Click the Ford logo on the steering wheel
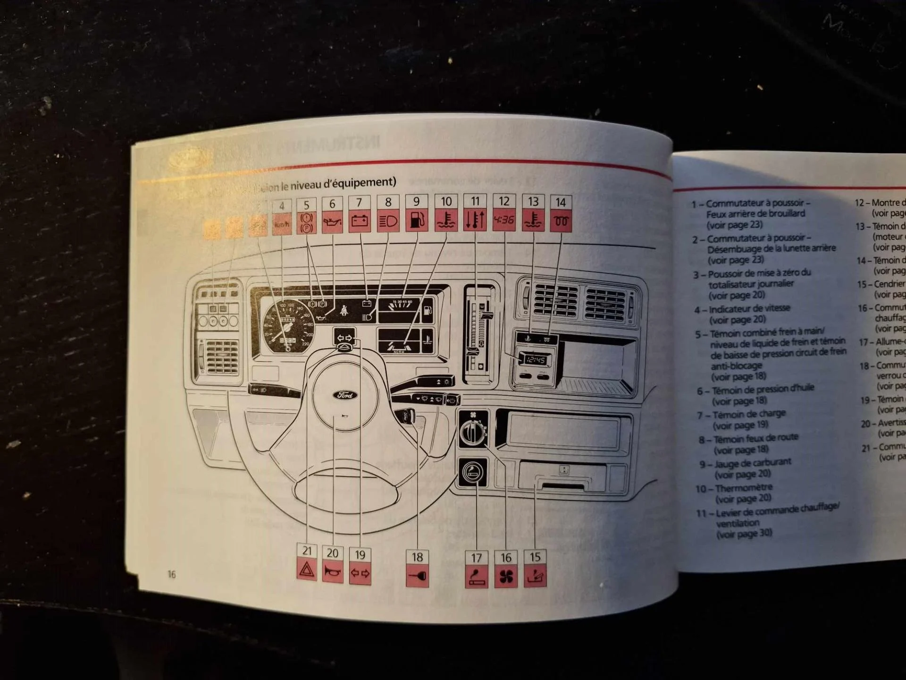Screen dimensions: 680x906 pyautogui.click(x=345, y=395)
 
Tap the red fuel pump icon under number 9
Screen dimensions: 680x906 pyautogui.click(x=417, y=221)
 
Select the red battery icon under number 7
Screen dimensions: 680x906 pyautogui.click(x=360, y=221)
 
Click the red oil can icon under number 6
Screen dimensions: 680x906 pyautogui.click(x=332, y=222)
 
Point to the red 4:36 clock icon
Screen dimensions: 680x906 pyautogui.click(x=504, y=220)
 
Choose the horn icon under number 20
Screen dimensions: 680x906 pyautogui.click(x=333, y=572)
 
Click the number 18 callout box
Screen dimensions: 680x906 pyautogui.click(x=417, y=558)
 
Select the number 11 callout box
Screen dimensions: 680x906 pyautogui.click(x=475, y=202)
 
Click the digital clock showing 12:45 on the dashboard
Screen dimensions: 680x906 pyautogui.click(x=535, y=360)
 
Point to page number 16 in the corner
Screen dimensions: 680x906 pyautogui.click(x=171, y=574)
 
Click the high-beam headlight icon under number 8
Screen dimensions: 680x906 pyautogui.click(x=388, y=221)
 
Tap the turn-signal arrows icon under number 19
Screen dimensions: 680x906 pyautogui.click(x=360, y=573)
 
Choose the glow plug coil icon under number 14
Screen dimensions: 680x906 pyautogui.click(x=561, y=220)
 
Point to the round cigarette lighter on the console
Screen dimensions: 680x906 pyautogui.click(x=473, y=472)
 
